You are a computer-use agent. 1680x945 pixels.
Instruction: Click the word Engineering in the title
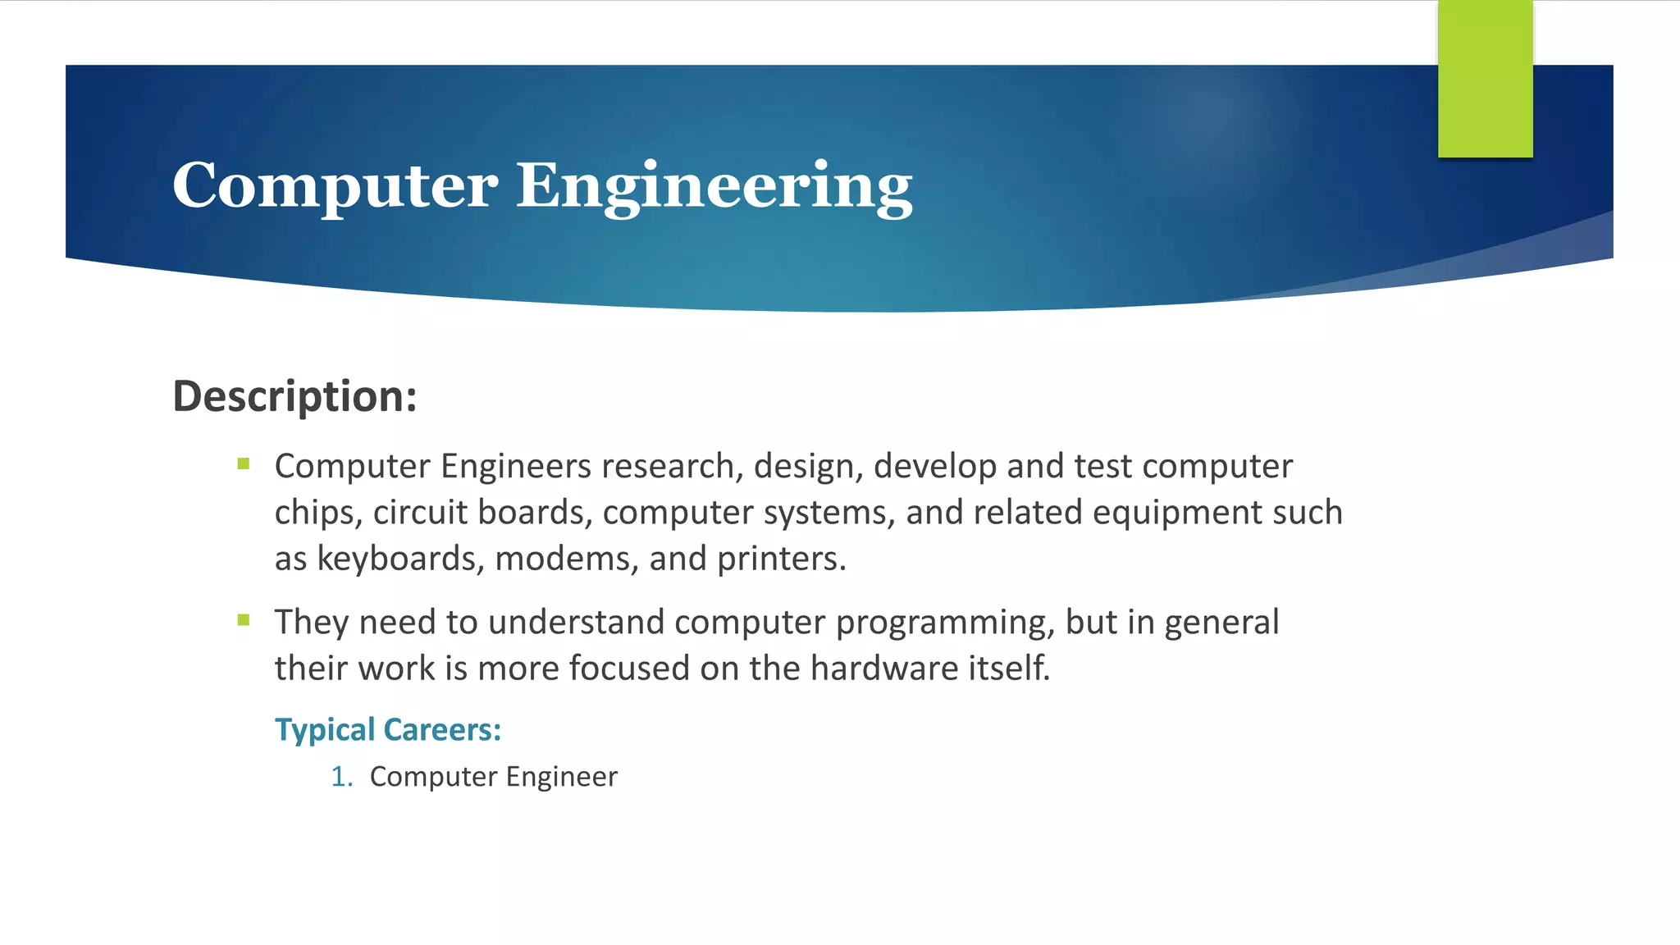714,185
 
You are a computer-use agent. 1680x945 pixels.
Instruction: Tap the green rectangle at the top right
1485,79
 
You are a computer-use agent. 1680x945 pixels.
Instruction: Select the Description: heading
294,396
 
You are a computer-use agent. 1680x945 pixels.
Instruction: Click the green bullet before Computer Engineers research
244,463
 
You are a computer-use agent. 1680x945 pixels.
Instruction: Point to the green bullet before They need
244,619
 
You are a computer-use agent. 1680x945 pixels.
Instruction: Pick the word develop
935,466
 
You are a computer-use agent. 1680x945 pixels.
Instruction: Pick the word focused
628,668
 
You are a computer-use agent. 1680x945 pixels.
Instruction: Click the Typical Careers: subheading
387,729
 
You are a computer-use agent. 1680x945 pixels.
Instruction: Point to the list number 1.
340,777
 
